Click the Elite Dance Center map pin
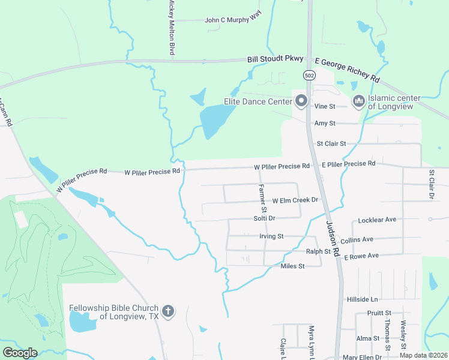[301, 100]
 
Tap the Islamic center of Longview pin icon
[359, 101]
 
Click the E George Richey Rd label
[348, 70]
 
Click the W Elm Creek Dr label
[295, 200]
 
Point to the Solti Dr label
[264, 218]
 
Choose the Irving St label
[271, 236]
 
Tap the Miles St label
[293, 265]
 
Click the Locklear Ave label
[377, 220]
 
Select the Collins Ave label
[357, 239]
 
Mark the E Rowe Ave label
[361, 256]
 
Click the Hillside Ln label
[362, 299]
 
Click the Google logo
[20, 352]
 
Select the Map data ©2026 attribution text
[423, 355]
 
